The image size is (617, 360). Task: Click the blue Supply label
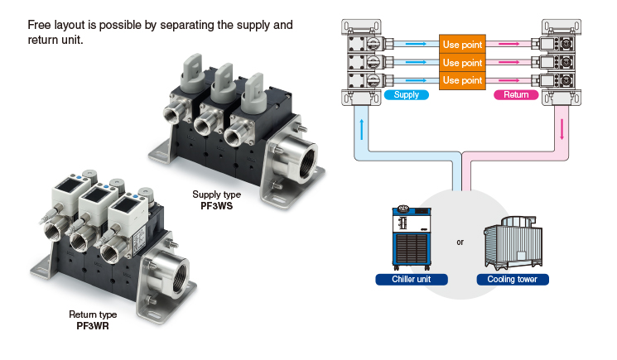click(x=406, y=94)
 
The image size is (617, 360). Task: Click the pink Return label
click(x=516, y=94)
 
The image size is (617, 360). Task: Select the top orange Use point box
click(x=462, y=44)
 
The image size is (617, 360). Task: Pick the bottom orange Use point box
click(x=462, y=80)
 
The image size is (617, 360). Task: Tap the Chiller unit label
click(x=412, y=279)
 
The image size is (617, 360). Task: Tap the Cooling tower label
click(x=513, y=279)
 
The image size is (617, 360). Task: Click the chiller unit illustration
click(x=412, y=238)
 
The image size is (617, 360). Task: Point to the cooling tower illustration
click(x=513, y=242)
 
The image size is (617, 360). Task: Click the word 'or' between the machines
click(x=460, y=242)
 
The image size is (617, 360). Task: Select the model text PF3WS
click(x=216, y=206)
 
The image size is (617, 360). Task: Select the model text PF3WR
click(x=93, y=326)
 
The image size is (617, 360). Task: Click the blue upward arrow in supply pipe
click(x=362, y=129)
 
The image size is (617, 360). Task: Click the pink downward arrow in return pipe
click(x=562, y=129)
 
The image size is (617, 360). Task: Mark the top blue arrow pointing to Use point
click(x=416, y=44)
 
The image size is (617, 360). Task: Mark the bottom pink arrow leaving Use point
click(x=509, y=80)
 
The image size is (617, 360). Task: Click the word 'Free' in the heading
click(x=40, y=25)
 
